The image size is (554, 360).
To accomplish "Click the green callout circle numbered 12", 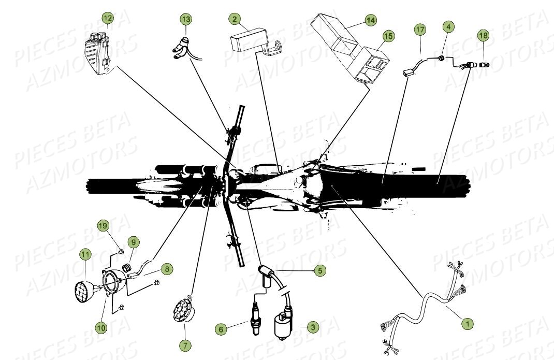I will tap(107, 19).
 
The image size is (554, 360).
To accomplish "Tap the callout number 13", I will tap(186, 20).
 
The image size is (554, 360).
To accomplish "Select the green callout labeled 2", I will tap(235, 20).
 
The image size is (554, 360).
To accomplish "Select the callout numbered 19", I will tap(103, 226).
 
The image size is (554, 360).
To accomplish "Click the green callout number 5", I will tap(319, 270).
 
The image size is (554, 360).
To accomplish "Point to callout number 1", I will tap(467, 324).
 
